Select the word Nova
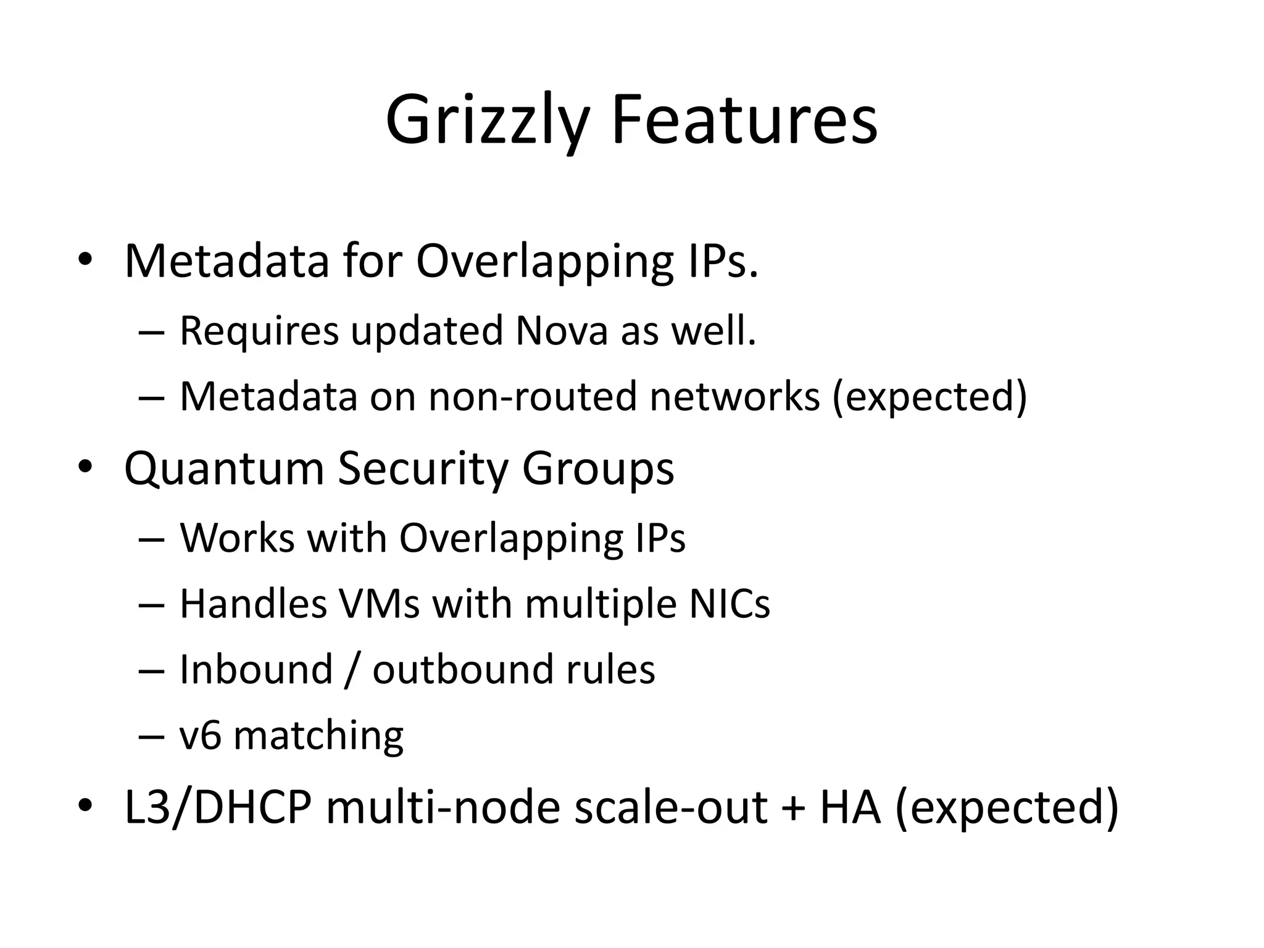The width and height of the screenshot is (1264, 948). pos(562,331)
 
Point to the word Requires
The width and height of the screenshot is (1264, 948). pos(259,331)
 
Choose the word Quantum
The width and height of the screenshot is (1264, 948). pos(224,468)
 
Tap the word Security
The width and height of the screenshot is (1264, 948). pos(422,468)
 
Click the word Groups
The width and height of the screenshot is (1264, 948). pos(597,468)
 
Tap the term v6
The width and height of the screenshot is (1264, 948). pos(200,736)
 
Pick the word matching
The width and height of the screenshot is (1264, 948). pos(318,736)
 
